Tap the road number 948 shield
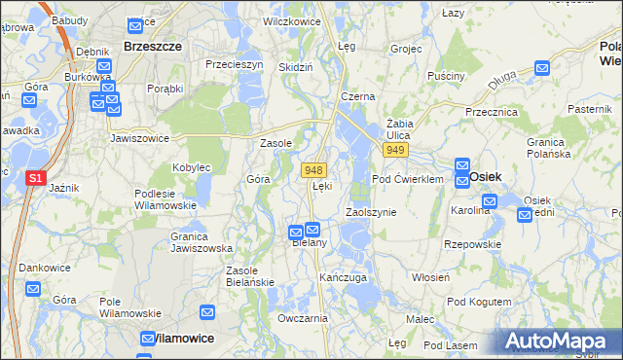312,169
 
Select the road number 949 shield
394,151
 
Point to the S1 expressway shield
34,179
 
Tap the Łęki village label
322,186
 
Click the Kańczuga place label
343,277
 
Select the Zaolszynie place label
371,212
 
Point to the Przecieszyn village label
235,64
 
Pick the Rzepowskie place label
472,244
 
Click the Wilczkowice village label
293,19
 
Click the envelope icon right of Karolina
490,201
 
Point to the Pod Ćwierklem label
408,179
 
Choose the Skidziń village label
295,67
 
